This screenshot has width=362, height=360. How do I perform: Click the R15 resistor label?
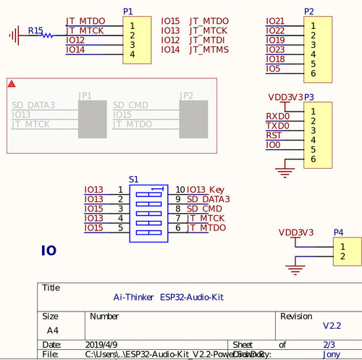click(x=35, y=31)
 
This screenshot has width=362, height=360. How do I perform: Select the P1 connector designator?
click(x=128, y=12)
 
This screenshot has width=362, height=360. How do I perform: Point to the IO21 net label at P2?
click(x=275, y=21)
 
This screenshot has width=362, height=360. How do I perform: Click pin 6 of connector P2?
click(x=313, y=73)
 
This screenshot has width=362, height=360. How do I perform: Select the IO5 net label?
click(x=273, y=69)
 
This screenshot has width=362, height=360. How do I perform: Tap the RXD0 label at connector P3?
click(x=277, y=116)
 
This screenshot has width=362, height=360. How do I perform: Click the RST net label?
click(x=274, y=135)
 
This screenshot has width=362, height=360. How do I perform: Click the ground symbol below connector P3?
click(x=281, y=171)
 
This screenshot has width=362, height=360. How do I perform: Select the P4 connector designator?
click(x=338, y=233)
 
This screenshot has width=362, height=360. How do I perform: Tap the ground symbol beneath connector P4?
click(x=295, y=270)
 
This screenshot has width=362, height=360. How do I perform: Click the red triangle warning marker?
click(x=12, y=84)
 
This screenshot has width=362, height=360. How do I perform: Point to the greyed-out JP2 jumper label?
click(x=186, y=96)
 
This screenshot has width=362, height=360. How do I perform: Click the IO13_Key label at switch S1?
click(x=206, y=190)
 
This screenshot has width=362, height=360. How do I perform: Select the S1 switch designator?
click(x=133, y=178)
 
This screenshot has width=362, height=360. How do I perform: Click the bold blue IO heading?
click(x=49, y=251)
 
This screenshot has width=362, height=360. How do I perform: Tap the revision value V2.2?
click(x=332, y=325)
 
